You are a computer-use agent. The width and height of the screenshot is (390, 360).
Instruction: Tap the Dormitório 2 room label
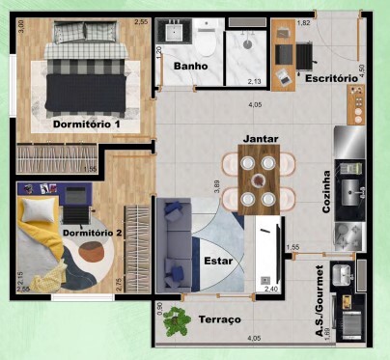[x=92, y=233]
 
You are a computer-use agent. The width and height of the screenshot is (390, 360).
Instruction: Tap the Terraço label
[x=220, y=318]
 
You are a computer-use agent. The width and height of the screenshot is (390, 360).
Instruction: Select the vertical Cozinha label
[x=325, y=192]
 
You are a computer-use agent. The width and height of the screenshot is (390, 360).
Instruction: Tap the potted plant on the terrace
[x=176, y=319]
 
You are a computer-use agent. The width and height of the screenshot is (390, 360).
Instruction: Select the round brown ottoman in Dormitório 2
[x=92, y=253]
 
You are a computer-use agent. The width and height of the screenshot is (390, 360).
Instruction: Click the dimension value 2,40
[x=271, y=288]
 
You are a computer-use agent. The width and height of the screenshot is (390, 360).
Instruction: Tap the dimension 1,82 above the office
[x=303, y=22]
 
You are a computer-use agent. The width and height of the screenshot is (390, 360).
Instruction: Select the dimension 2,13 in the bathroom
[x=254, y=81]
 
